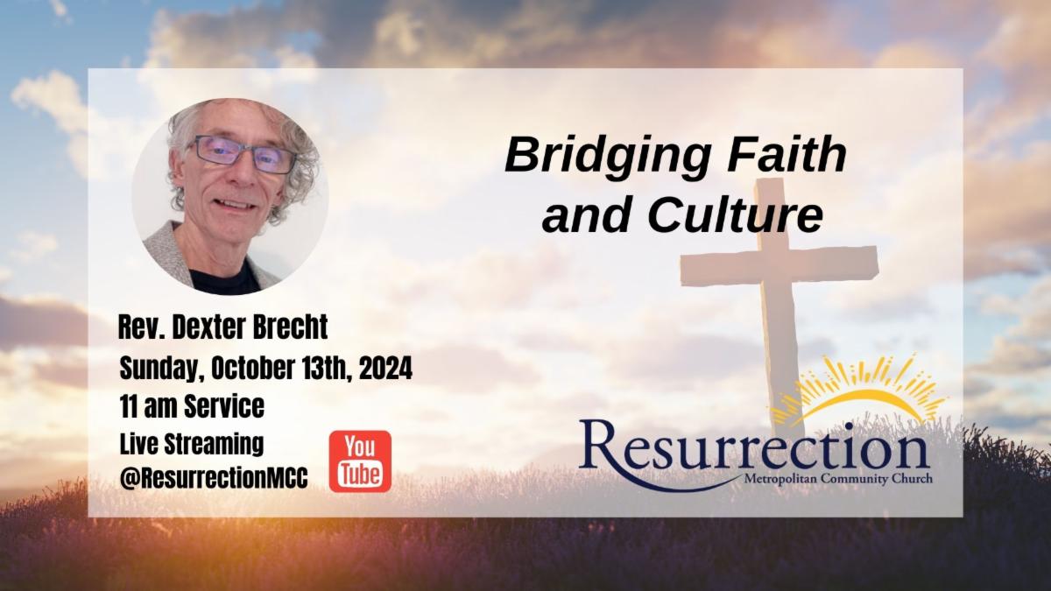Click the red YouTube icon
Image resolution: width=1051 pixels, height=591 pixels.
tap(360, 461)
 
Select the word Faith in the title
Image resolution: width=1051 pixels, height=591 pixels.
tap(787, 154)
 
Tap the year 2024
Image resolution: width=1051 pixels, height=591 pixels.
tap(385, 369)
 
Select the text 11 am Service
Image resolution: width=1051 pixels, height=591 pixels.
tap(192, 406)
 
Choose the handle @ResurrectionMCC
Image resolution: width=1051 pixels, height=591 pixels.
tap(214, 478)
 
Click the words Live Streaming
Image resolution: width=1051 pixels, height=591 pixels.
tap(192, 445)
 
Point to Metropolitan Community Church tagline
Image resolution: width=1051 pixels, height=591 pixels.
tap(838, 480)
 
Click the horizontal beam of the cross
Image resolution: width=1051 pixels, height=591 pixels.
tap(779, 266)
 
